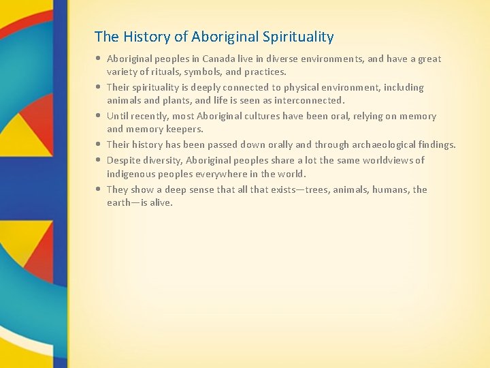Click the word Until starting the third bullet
click(x=118, y=116)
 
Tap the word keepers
click(x=185, y=129)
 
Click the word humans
click(x=391, y=189)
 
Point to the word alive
click(x=161, y=202)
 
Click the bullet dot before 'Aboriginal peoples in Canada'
click(x=99, y=59)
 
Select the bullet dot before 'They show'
click(x=99, y=189)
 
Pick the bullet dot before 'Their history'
click(x=99, y=144)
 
